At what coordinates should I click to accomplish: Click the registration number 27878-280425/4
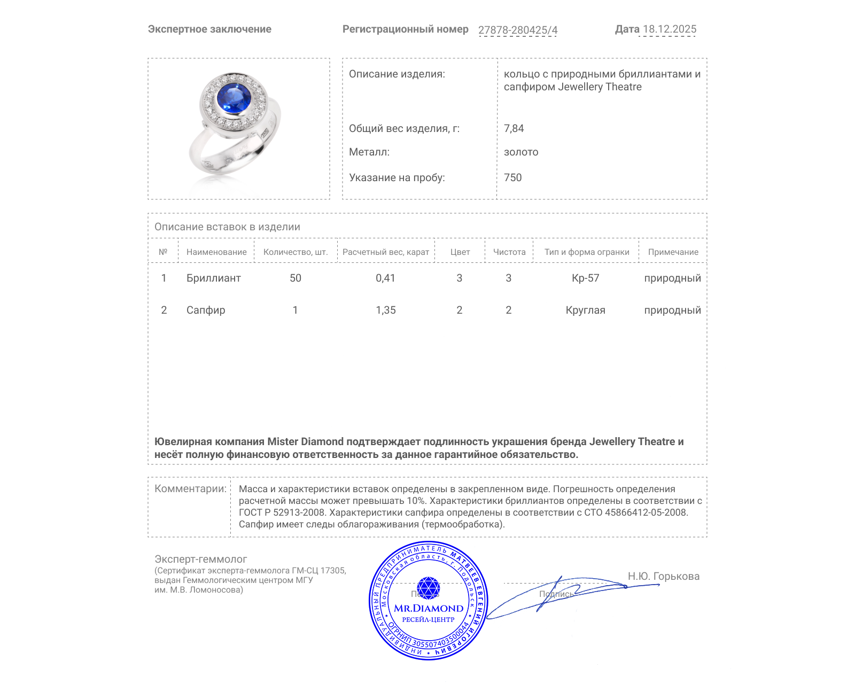(517, 30)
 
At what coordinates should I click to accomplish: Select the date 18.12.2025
(669, 29)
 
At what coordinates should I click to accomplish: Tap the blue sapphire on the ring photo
(234, 97)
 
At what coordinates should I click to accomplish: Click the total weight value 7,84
(514, 128)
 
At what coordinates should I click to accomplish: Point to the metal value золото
(521, 152)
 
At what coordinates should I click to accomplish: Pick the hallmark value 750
(512, 177)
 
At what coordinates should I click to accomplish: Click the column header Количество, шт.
(295, 252)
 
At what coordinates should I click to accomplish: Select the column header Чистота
(509, 252)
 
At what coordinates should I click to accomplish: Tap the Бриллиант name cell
(213, 278)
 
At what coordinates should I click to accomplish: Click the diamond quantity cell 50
(295, 278)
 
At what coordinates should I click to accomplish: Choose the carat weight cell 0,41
(385, 278)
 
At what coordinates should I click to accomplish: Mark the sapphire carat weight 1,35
(385, 310)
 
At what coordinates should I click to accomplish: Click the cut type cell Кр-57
(585, 278)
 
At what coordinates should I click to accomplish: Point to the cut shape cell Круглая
(585, 310)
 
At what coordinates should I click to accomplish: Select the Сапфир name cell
(206, 310)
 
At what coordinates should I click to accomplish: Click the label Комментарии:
(190, 489)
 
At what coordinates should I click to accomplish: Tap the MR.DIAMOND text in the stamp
(429, 608)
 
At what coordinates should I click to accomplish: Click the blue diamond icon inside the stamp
(428, 588)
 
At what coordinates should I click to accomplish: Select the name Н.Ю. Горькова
(663, 576)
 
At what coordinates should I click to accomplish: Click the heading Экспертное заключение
(209, 29)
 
